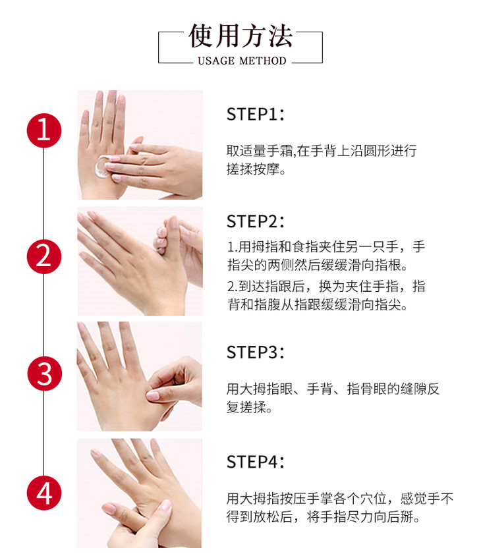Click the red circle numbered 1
44,130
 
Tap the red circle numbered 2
44,256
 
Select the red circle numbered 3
44,374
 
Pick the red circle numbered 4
44,493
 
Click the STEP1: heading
256,115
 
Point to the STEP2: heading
256,221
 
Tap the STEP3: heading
256,352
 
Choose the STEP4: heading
256,462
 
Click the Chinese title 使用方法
240,36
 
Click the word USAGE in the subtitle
216,61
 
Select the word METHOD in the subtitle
263,61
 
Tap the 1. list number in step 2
233,247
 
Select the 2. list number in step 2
233,287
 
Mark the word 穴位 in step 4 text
373,499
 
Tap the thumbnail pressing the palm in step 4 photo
165,504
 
